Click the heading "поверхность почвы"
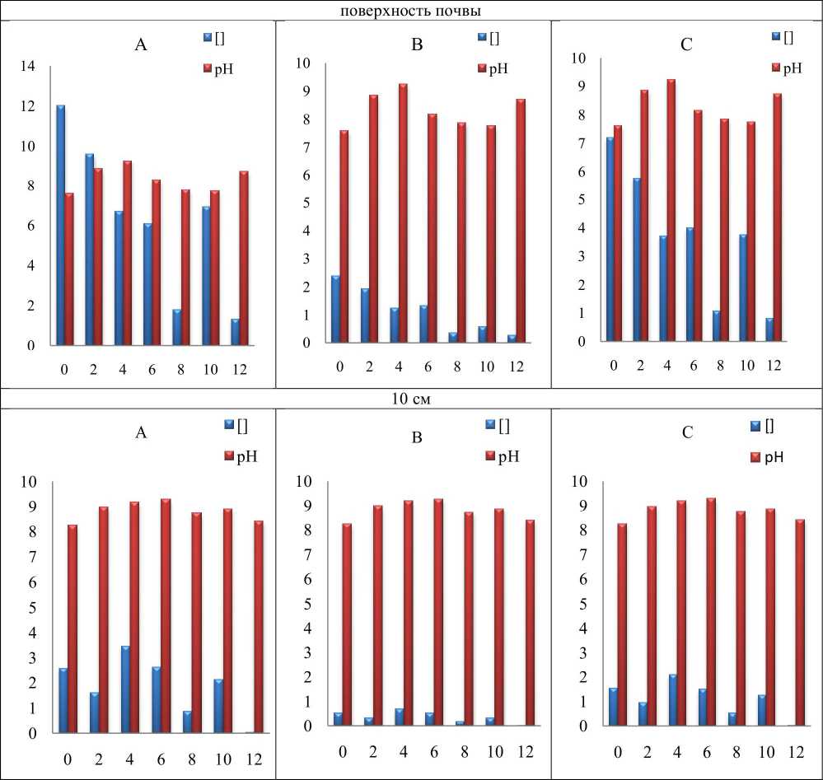pos(412,10)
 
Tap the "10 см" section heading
pos(411,399)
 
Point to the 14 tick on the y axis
pos(29,67)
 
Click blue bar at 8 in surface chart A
pos(177,327)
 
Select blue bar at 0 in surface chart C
pos(610,239)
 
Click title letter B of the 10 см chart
pos(417,437)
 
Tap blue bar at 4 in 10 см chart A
pos(125,689)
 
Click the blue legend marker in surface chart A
pos(208,37)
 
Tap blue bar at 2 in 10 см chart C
pos(642,713)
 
